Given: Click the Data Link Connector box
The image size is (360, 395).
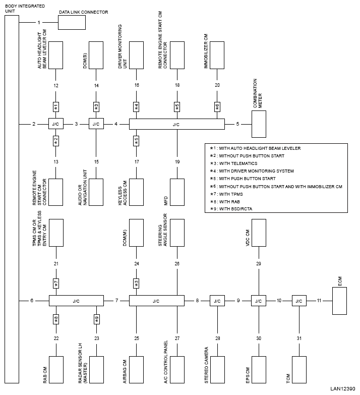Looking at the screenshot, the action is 72,22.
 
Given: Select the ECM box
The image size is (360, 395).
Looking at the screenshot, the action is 339,301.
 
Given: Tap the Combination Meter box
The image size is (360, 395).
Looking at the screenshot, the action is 259,124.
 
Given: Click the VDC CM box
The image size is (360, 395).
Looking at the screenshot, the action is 259,233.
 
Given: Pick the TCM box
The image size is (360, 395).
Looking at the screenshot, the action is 299,370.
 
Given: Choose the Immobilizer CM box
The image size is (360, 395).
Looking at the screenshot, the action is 217,55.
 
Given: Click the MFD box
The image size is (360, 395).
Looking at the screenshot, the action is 177,192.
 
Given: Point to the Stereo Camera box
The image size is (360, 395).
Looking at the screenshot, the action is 217,370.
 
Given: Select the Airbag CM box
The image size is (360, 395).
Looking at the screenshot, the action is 137,370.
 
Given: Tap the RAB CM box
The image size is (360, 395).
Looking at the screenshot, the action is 56,370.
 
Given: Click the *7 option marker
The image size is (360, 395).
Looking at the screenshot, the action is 56,284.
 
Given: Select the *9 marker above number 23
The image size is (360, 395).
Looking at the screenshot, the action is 97,319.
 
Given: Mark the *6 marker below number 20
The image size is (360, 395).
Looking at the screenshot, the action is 217,107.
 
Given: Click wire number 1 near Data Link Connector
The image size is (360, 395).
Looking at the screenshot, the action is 39,22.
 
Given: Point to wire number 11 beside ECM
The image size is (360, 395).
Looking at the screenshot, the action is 319,301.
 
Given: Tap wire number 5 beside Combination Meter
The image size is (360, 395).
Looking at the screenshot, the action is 237,124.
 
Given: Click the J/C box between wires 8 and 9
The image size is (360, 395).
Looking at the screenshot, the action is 217,301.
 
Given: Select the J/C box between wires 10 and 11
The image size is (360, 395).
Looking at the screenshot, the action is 299,301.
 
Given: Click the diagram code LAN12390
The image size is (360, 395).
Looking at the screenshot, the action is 343,389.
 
